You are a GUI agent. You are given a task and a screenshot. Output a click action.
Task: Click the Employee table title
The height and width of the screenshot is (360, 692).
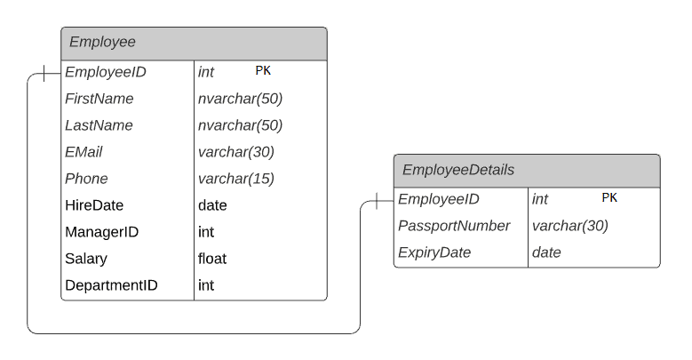tap(102, 42)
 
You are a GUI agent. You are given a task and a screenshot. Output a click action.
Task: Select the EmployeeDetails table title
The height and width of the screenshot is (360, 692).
tap(458, 170)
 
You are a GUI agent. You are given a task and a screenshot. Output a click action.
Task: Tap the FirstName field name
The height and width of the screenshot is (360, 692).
tap(99, 99)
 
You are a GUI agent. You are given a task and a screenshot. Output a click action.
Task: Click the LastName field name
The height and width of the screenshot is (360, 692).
tap(99, 125)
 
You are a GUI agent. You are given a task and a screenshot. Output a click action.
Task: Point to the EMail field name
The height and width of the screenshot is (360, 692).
tap(84, 152)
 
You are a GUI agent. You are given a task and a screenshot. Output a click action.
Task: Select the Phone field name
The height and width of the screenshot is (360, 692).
tap(86, 179)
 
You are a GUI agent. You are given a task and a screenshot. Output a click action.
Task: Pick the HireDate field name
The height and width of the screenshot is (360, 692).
tap(94, 205)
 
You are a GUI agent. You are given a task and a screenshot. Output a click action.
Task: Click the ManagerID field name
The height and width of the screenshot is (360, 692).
tap(101, 232)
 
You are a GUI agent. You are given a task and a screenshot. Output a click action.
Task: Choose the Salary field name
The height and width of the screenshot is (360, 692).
tap(86, 259)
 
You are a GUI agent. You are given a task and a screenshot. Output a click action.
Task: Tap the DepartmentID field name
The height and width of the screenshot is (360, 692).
tap(111, 285)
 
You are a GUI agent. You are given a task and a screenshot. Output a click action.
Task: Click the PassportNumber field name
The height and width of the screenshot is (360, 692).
tap(454, 226)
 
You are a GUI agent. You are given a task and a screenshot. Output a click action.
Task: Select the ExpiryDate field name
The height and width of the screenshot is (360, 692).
tap(434, 252)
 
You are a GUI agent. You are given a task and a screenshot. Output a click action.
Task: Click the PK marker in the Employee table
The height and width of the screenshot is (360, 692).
tap(263, 70)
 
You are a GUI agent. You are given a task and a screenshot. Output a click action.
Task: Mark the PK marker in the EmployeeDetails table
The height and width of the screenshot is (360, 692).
tap(609, 197)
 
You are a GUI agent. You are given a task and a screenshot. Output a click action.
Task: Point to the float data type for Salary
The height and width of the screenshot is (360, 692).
tap(212, 259)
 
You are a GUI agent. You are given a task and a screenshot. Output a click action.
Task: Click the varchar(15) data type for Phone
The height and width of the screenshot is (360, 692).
tap(236, 179)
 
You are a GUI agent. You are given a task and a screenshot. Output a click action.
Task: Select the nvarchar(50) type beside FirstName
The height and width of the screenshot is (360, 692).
tap(240, 99)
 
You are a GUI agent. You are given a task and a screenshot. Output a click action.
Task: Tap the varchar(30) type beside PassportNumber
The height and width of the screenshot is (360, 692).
tap(570, 226)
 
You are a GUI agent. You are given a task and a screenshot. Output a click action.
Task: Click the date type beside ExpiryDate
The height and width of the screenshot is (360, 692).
tap(546, 252)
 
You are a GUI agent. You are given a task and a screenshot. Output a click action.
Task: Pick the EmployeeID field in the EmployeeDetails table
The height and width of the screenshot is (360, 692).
tap(439, 199)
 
